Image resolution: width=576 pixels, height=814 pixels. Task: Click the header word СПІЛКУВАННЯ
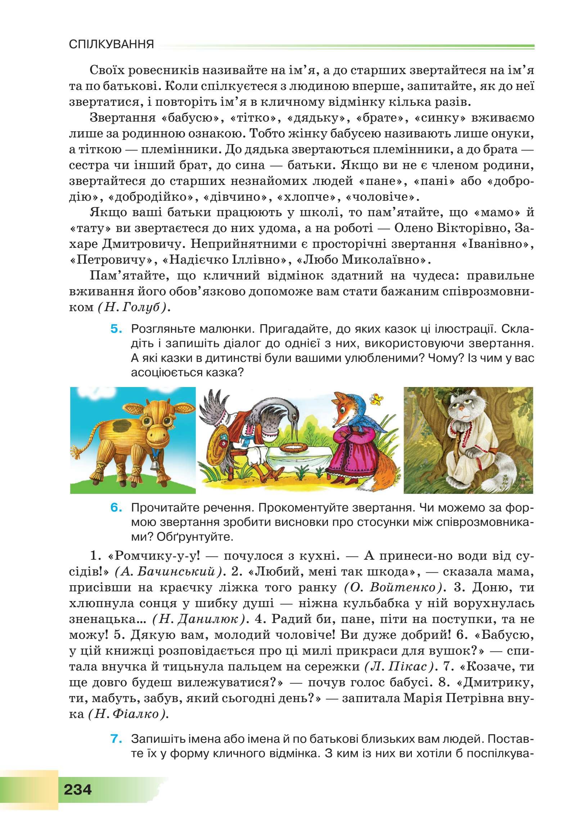tap(111, 45)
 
